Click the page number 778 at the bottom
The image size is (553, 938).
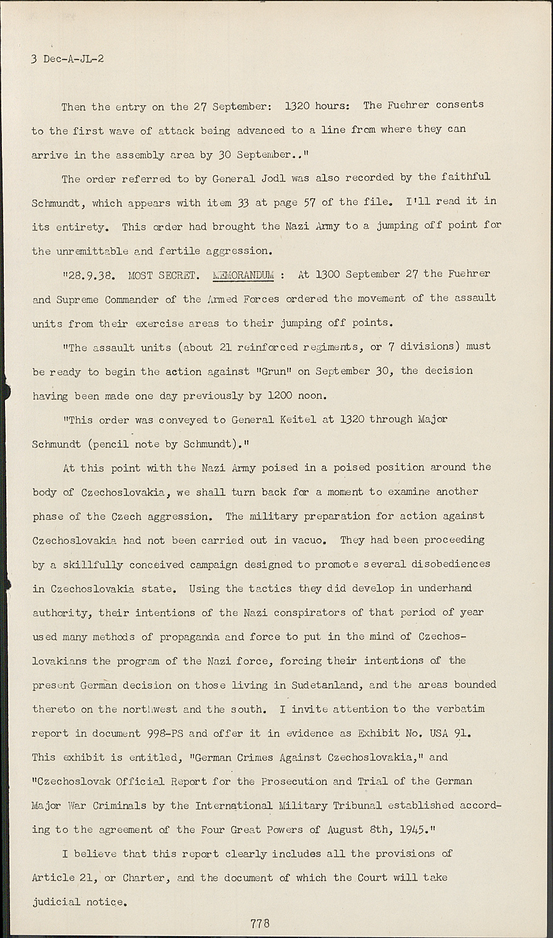click(260, 923)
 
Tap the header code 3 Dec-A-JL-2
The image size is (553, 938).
click(68, 59)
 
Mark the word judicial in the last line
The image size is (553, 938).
click(56, 902)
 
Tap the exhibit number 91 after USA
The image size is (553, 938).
click(462, 733)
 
